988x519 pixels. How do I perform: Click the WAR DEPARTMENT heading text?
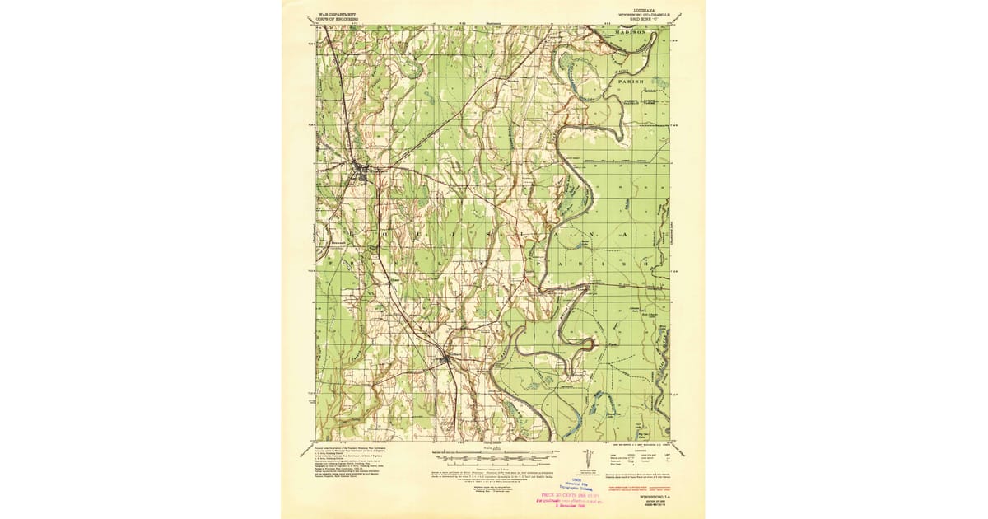click(x=332, y=9)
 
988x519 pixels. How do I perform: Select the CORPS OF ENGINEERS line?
click(x=332, y=16)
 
